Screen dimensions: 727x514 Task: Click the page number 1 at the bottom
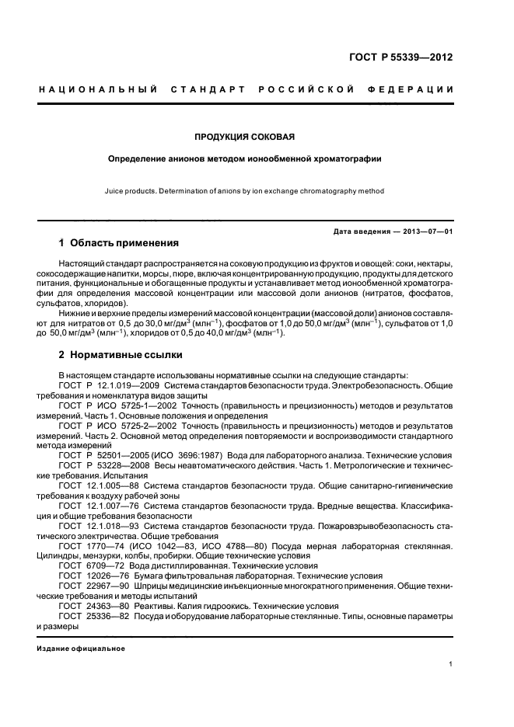point(451,664)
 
